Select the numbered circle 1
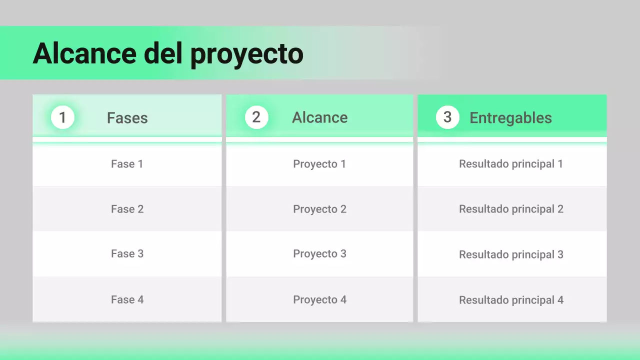[62, 117]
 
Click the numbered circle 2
[256, 117]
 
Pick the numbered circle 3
[447, 117]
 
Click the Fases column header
[127, 118]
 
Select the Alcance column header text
[320, 117]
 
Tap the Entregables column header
[510, 118]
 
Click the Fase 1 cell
[127, 164]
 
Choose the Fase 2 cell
[127, 209]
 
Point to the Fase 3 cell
[127, 254]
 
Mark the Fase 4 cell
[127, 300]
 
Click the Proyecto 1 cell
[319, 164]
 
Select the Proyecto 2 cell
[319, 209]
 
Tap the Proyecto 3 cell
[319, 254]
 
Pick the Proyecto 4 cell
[319, 300]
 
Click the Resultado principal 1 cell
[511, 164]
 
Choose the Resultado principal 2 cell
[511, 209]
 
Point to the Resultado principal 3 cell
[511, 254]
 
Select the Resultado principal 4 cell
[511, 300]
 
